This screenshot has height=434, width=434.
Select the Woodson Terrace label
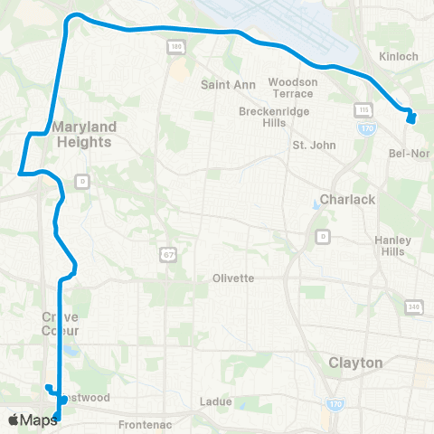[x=293, y=88]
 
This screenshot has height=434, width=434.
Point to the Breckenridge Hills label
[x=268, y=118]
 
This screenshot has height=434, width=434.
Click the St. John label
[x=314, y=145]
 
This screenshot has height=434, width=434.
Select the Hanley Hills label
[x=393, y=246]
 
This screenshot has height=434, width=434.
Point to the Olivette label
[x=233, y=278]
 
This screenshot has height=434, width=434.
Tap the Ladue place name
[x=218, y=401]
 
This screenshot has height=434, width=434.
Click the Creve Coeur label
[x=60, y=323]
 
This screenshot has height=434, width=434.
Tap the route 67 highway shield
[x=169, y=255]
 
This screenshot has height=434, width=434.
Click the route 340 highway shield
[x=413, y=308]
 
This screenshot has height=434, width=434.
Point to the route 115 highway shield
[x=364, y=109]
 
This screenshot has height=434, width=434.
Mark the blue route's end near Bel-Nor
[x=411, y=118]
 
